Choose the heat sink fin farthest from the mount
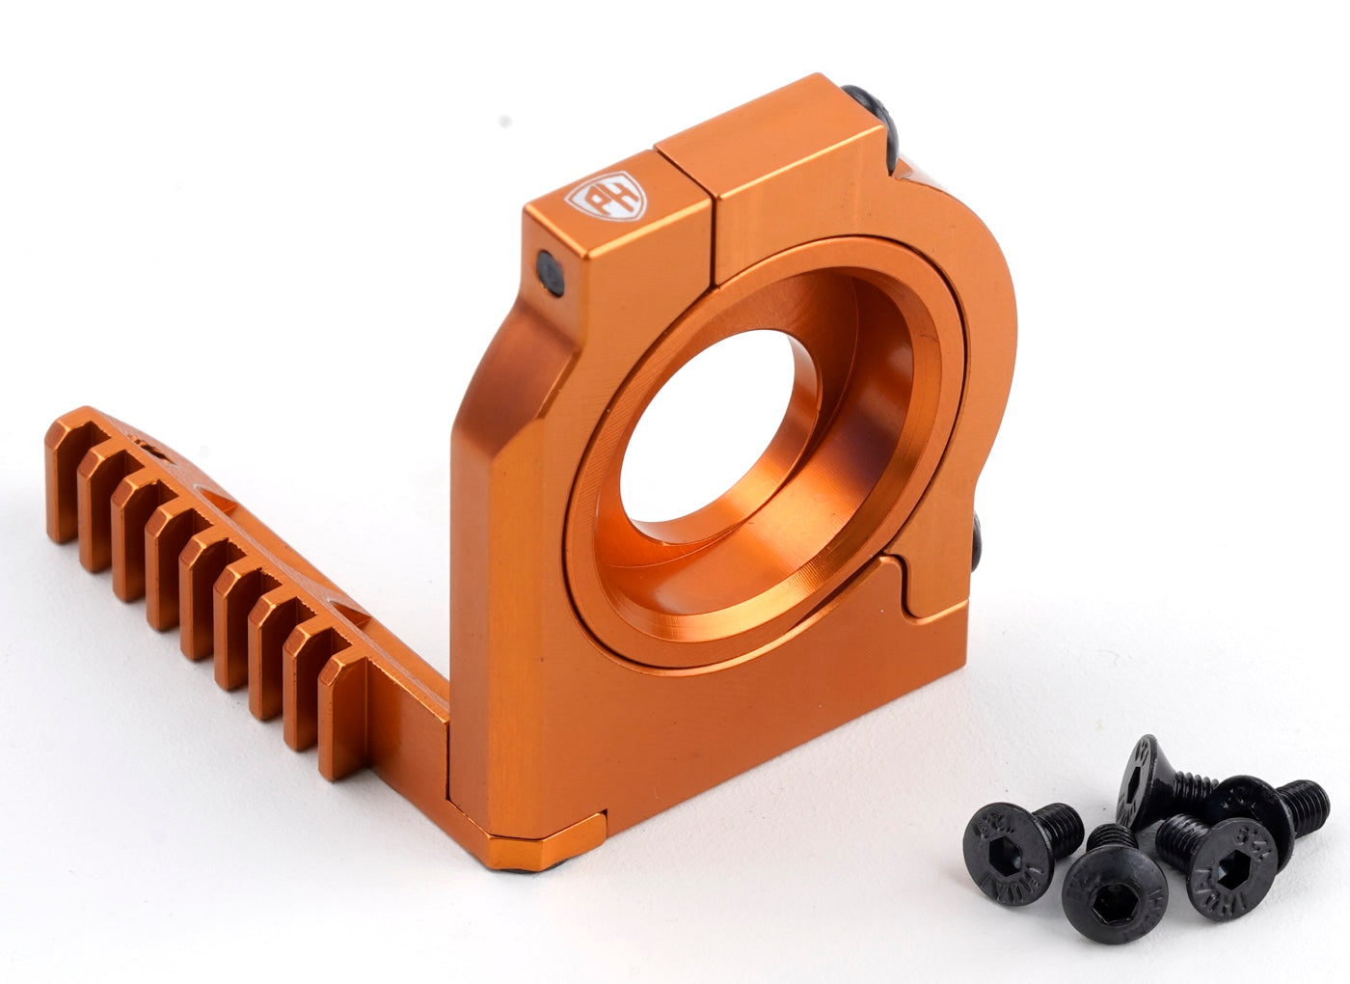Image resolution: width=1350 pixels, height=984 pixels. (61, 482)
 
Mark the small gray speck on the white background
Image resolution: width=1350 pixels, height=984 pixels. (501, 123)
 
